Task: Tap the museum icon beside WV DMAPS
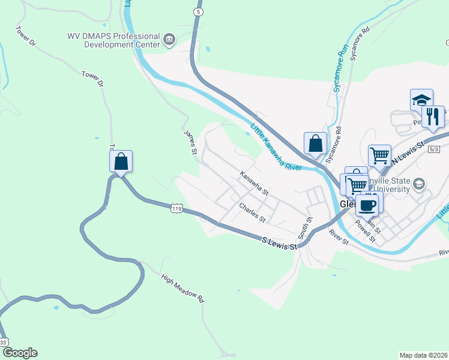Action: click(x=169, y=40)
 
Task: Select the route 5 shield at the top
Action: click(x=197, y=11)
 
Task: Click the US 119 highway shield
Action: click(x=176, y=208)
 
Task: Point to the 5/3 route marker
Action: click(x=434, y=149)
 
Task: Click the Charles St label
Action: click(x=252, y=212)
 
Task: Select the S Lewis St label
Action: click(x=280, y=243)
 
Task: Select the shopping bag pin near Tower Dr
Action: click(x=121, y=161)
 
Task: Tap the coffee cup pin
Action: click(x=367, y=205)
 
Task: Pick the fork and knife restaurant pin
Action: click(x=433, y=116)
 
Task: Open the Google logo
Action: click(x=20, y=353)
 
